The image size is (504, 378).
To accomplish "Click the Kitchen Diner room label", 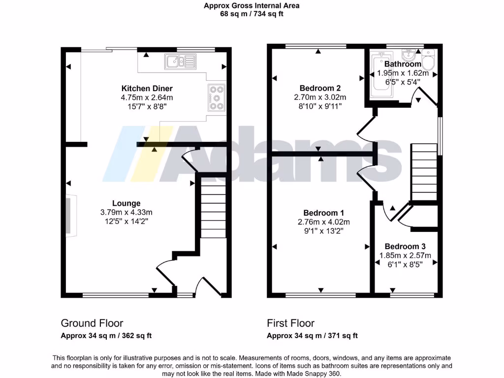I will (x=147, y=89).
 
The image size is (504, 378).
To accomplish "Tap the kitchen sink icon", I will (x=181, y=61).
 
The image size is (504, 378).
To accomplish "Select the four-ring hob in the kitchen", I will (x=217, y=97).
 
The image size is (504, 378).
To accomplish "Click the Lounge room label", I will (x=126, y=203).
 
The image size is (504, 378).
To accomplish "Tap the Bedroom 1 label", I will (x=323, y=213).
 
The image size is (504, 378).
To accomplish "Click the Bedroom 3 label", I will (x=405, y=246).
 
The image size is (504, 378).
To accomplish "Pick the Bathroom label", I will (x=403, y=64).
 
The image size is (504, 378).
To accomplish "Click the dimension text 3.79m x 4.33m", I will (x=126, y=212).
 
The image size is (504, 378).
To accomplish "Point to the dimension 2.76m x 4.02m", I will (x=323, y=221).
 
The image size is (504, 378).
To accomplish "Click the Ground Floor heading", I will (x=92, y=323).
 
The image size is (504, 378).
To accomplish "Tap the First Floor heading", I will (x=290, y=323).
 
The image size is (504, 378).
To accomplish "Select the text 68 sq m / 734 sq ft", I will (x=252, y=14).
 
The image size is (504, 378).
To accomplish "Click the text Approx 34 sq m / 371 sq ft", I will (x=312, y=336).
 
